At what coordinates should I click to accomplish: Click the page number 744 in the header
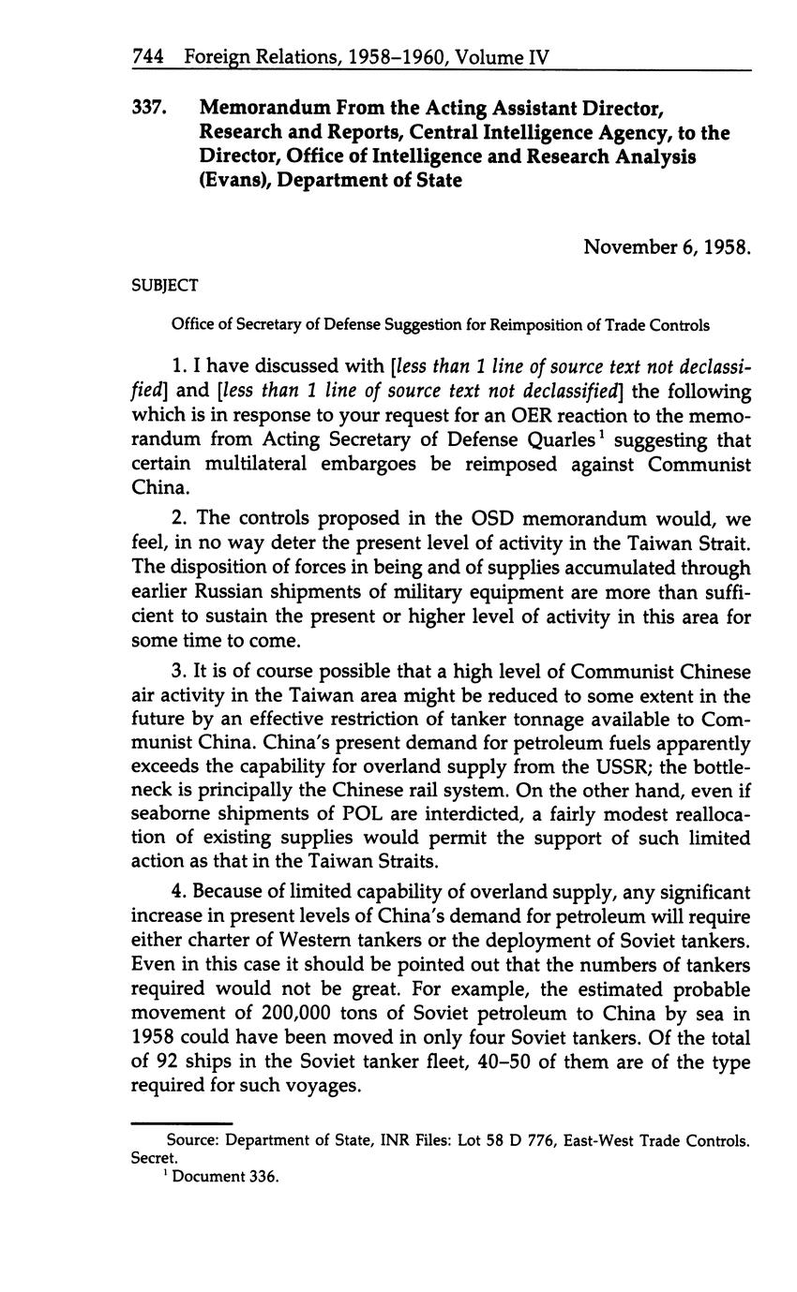[x=148, y=57]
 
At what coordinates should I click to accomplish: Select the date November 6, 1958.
[x=667, y=247]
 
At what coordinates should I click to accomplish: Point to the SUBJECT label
[x=164, y=285]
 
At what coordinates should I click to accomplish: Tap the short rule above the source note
[x=181, y=1123]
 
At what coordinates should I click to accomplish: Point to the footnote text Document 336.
[x=226, y=1177]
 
